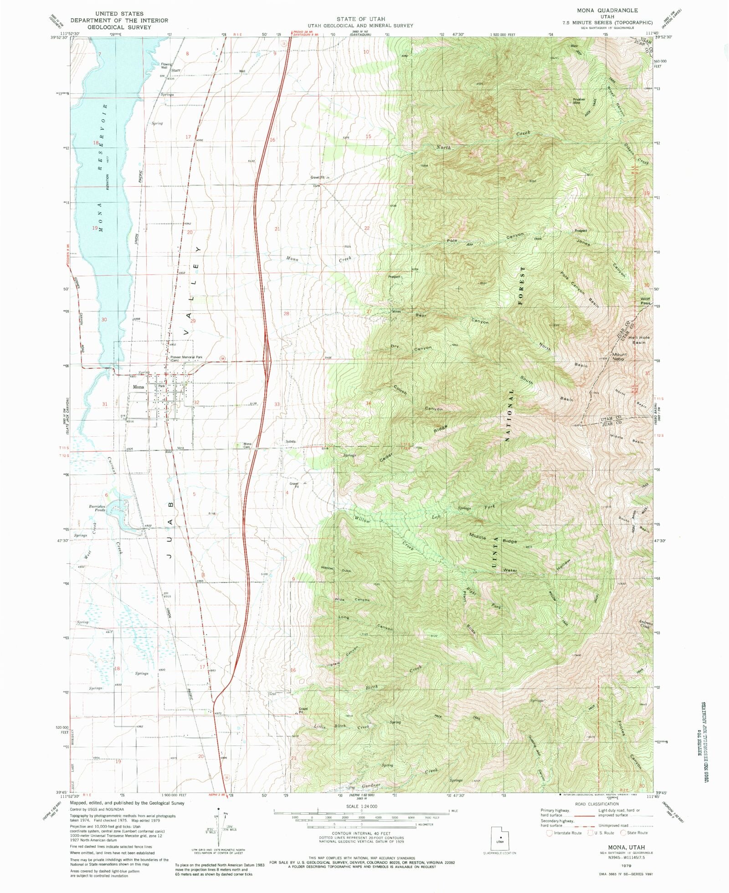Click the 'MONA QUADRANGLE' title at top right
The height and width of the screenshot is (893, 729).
pyautogui.click(x=607, y=10)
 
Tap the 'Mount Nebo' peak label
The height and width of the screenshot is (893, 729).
pyautogui.click(x=619, y=356)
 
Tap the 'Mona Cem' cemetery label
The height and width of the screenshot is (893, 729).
pyautogui.click(x=247, y=445)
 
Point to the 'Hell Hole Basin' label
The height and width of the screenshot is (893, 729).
pyautogui.click(x=639, y=339)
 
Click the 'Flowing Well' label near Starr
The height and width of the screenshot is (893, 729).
pyautogui.click(x=166, y=66)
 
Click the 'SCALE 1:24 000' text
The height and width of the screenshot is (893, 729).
pyautogui.click(x=362, y=806)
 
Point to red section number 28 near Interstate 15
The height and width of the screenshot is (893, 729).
pyautogui.click(x=286, y=314)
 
